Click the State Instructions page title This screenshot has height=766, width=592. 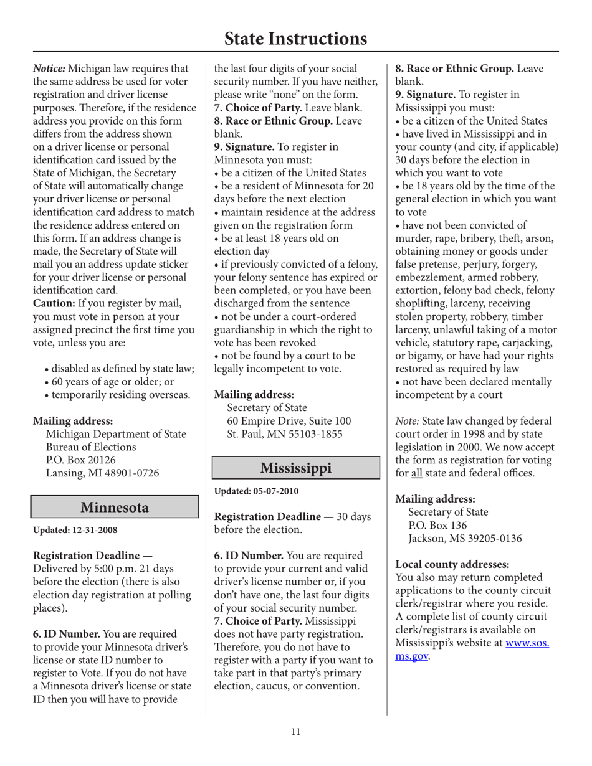pyautogui.click(x=295, y=39)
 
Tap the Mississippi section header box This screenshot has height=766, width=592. pyautogui.click(x=296, y=467)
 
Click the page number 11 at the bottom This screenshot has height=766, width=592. pyautogui.click(x=295, y=732)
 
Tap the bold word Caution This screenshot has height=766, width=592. pyautogui.click(x=56, y=303)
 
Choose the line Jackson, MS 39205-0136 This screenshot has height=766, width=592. pyautogui.click(x=464, y=538)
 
